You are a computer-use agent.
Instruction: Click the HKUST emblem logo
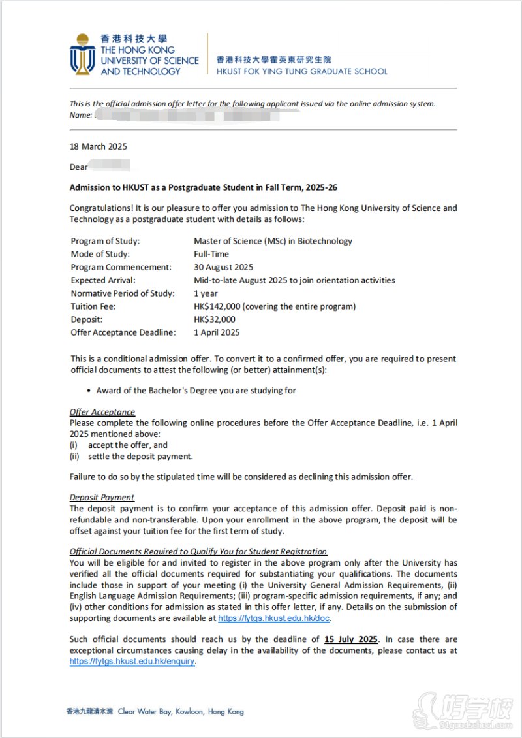[82, 54]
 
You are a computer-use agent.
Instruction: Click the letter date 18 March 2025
[99, 146]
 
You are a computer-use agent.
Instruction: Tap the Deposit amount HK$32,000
[215, 319]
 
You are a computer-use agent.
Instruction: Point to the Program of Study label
[105, 241]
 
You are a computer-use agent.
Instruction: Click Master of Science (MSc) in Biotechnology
[273, 241]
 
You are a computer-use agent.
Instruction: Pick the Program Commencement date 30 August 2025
[224, 267]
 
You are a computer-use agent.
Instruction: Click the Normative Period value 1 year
[206, 293]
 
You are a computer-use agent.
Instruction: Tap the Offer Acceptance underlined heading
[102, 412]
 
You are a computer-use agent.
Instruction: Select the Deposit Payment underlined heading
[102, 497]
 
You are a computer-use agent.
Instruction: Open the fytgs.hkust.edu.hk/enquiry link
[132, 661]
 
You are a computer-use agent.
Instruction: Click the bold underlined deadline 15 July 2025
[350, 639]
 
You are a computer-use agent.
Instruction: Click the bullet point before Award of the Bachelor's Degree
[89, 391]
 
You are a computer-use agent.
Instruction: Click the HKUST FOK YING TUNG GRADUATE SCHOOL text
[301, 71]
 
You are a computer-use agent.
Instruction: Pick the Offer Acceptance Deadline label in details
[123, 332]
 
